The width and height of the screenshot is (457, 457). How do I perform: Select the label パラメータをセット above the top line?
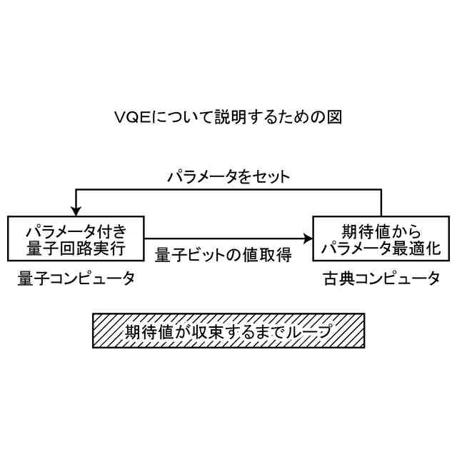[x=228, y=176]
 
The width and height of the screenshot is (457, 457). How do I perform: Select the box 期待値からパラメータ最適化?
[x=381, y=238]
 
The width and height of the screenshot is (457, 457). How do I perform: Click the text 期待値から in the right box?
[x=380, y=230]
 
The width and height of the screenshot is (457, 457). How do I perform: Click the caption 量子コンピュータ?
[x=76, y=278]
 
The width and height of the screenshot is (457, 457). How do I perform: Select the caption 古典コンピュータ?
[x=381, y=278]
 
